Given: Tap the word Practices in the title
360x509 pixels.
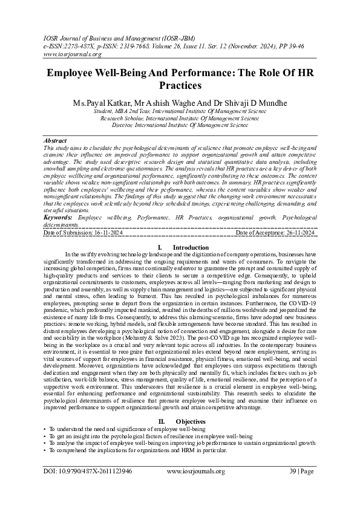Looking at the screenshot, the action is tap(179, 86).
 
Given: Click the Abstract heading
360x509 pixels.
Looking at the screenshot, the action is tap(56, 140).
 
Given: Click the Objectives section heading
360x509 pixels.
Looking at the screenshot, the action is tap(191, 421).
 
